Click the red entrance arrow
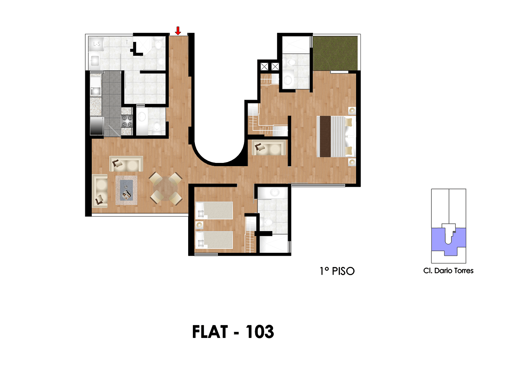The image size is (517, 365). tap(178, 31)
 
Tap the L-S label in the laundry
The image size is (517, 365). tap(97, 44)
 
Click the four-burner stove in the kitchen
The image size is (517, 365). tap(127, 121)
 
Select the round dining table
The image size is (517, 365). tap(165, 188)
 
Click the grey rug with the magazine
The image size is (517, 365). tap(126, 190)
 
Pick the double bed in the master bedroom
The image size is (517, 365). tap(336, 137)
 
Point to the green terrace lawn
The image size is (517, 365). tap(335, 53)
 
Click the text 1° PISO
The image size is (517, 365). tap(337, 271)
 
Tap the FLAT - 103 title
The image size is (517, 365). tap(233, 332)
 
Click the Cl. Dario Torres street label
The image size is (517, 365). tap(448, 271)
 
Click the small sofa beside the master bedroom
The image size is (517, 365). tap(269, 148)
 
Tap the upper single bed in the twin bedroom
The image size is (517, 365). tap(214, 210)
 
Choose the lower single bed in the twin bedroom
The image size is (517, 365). tap(214, 240)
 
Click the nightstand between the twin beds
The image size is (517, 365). tap(199, 225)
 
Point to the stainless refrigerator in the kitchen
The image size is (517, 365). tap(97, 126)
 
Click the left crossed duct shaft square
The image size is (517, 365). tap(264, 67)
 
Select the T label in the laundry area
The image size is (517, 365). tap(127, 42)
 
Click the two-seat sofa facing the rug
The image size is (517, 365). tap(126, 164)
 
